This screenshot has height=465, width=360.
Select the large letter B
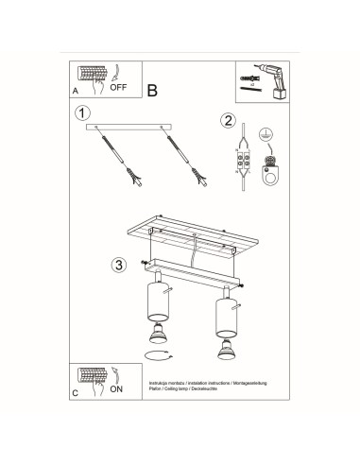152,90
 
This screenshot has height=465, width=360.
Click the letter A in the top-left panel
76,91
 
